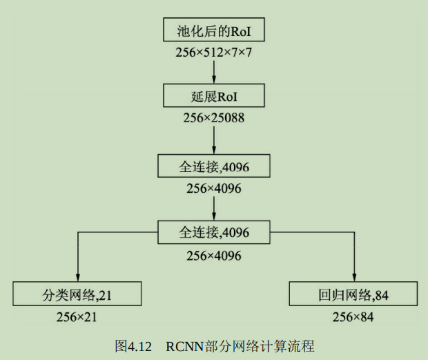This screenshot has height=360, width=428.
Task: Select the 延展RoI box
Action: point(214,95)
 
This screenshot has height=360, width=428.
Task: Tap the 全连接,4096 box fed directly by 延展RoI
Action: point(214,166)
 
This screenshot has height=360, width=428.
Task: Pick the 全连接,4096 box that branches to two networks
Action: point(214,231)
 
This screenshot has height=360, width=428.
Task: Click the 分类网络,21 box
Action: point(77,294)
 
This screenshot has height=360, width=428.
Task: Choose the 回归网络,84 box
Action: point(353,294)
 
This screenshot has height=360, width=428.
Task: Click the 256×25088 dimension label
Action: point(214,117)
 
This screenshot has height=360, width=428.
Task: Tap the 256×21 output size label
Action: point(77,316)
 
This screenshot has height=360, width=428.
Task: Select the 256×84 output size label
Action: point(353,316)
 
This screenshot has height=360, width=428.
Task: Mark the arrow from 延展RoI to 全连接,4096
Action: point(214,138)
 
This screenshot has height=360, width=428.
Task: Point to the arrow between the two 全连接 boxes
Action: point(214,205)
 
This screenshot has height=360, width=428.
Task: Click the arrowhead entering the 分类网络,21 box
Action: point(77,277)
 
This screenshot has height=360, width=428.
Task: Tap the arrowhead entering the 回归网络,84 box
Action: point(353,277)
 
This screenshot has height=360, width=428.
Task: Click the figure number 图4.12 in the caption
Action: point(132,345)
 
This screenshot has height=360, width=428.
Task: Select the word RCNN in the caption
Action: point(182,345)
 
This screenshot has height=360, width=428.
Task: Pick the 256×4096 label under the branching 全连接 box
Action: point(214,255)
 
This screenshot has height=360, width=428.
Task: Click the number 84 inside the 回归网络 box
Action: point(382,295)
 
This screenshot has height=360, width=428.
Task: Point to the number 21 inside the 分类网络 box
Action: point(105,295)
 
